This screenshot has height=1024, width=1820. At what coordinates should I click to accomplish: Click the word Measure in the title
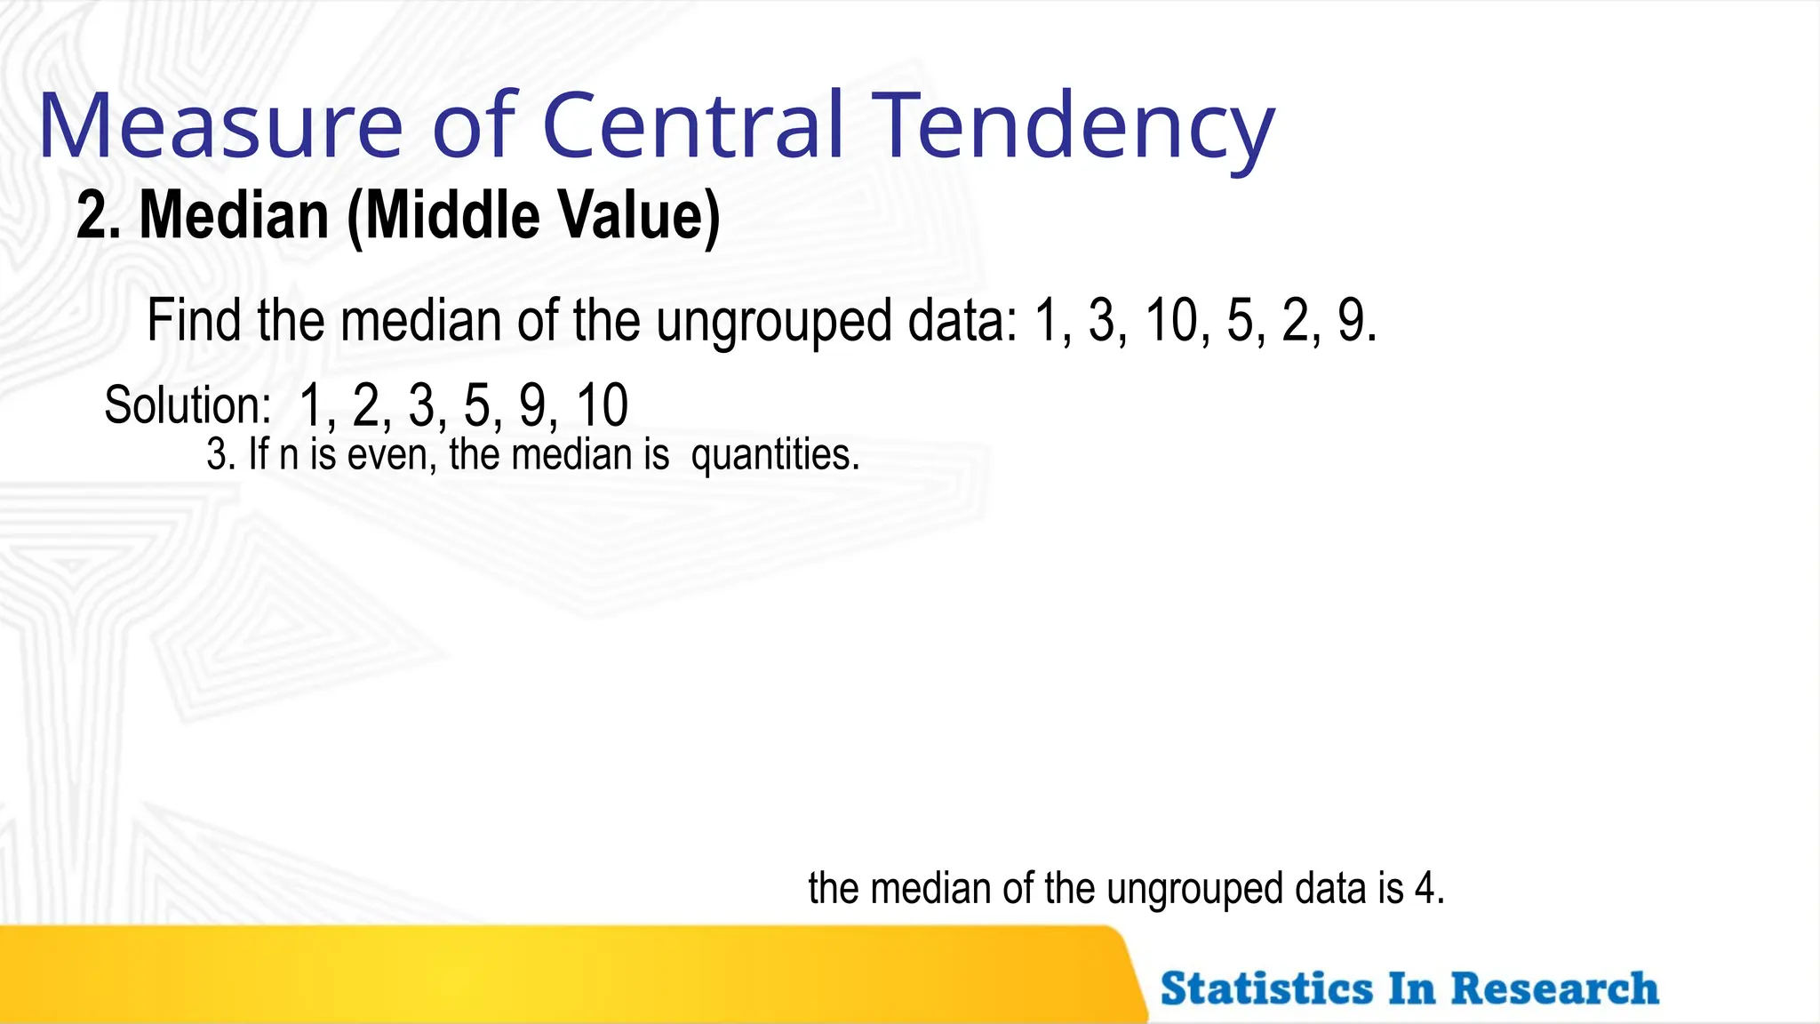pos(220,126)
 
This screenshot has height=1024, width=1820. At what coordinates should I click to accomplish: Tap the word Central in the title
pos(692,126)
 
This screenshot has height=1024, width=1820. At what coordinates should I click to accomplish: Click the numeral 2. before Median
pos(98,216)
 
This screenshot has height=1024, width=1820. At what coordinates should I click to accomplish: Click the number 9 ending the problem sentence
pos(1353,321)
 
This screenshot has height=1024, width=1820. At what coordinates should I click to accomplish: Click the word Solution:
pos(188,405)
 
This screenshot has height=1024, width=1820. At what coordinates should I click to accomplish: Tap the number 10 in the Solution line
pos(602,405)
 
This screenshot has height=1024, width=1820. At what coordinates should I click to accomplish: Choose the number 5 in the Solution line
pos(476,405)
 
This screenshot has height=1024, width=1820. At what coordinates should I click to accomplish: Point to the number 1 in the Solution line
pos(310,405)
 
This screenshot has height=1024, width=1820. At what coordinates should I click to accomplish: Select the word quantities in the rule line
pos(774,455)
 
